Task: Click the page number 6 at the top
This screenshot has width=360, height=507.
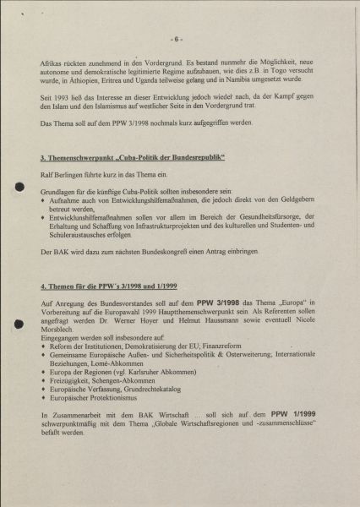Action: point(176,39)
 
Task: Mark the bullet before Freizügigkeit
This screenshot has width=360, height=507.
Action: point(44,380)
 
